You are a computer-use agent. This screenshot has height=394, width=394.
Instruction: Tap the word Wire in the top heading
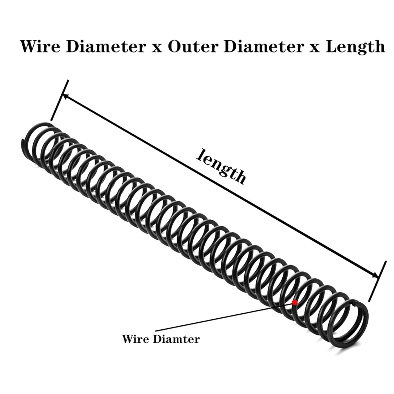click(40, 46)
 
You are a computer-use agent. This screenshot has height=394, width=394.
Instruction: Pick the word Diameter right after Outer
click(263, 46)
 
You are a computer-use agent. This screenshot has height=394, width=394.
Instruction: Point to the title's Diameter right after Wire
click(106, 46)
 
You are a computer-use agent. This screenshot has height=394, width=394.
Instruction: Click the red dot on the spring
click(295, 303)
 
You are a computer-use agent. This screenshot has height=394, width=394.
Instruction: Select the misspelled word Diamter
click(176, 339)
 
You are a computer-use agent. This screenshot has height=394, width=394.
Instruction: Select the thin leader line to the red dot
click(223, 317)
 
